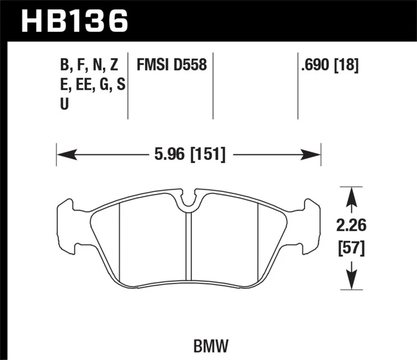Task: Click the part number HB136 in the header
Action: click(x=73, y=20)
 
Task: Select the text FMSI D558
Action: click(x=172, y=65)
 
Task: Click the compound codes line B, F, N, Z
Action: click(x=90, y=65)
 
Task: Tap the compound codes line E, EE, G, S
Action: click(x=92, y=84)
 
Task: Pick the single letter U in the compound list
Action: click(x=64, y=104)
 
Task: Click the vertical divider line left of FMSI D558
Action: click(x=128, y=86)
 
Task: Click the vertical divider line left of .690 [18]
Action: click(x=298, y=86)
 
